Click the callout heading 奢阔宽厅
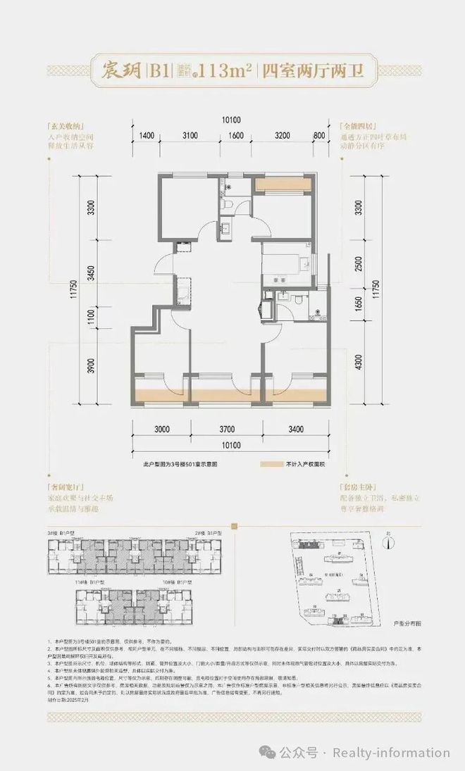(70, 487)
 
